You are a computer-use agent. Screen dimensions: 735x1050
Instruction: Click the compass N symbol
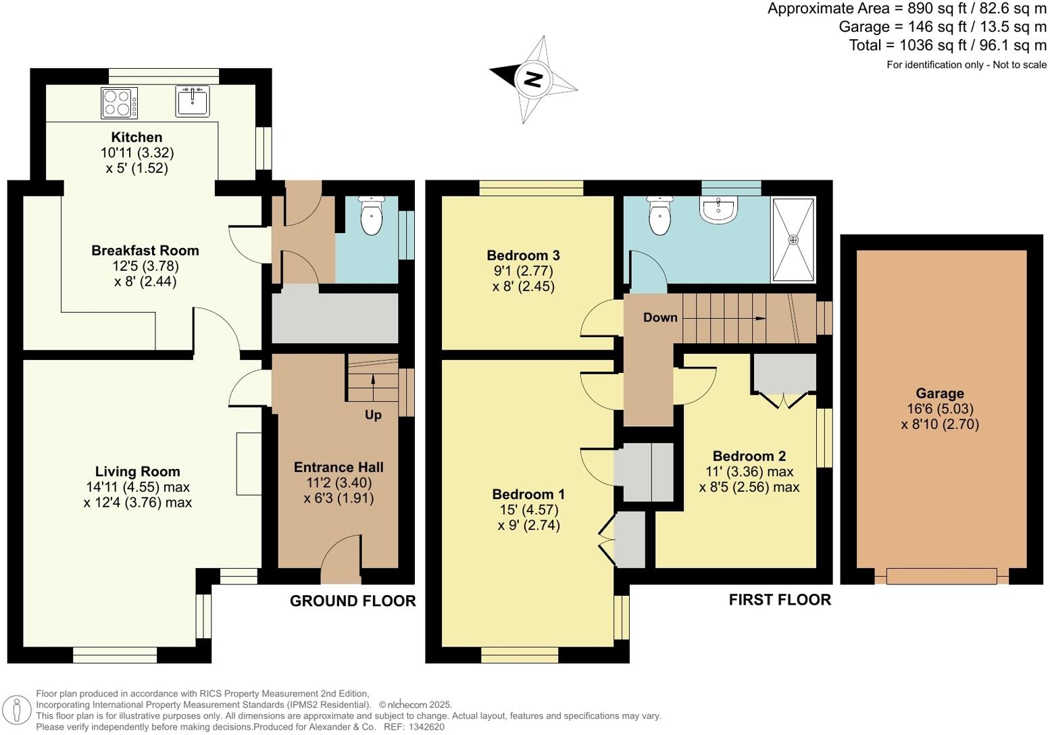point(533,79)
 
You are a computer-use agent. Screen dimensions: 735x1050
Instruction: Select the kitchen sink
point(193,101)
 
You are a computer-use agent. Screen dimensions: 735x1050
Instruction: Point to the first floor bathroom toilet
point(659,217)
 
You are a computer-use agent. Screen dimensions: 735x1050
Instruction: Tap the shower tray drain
point(793,240)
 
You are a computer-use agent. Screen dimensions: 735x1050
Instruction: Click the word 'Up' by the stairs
point(373,415)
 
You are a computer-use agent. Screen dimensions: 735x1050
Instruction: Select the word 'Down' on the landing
point(660,318)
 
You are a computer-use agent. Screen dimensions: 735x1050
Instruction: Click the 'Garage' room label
point(940,393)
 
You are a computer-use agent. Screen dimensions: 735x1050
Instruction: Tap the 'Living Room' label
point(137,472)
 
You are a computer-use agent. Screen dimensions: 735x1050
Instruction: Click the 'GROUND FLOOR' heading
point(353,601)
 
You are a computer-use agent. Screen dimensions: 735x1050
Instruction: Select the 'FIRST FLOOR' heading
point(780,600)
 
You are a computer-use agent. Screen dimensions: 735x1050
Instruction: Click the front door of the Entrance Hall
point(341,561)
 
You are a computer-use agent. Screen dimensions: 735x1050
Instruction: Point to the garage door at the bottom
point(941,576)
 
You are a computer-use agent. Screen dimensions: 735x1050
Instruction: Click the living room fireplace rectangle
point(249,464)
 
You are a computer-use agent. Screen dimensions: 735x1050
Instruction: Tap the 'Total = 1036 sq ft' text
point(947,45)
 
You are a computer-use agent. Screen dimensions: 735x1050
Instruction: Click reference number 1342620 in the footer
point(424,727)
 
